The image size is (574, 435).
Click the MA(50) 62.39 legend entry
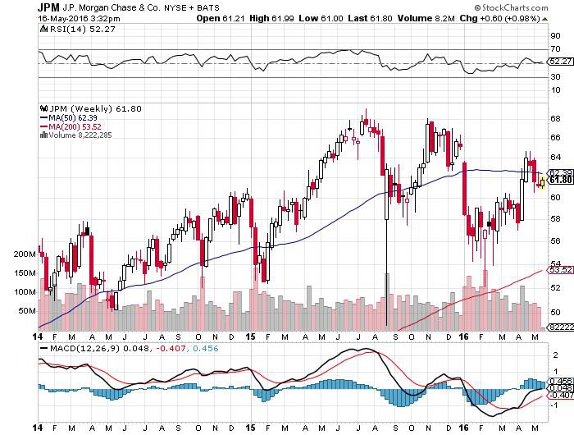pyautogui.click(x=69, y=117)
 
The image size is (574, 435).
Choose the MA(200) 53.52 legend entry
pyautogui.click(x=71, y=126)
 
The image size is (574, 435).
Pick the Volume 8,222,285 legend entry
pyautogui.click(x=79, y=135)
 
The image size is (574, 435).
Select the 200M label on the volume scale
pyautogui.click(x=25, y=254)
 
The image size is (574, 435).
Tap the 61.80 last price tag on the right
pyautogui.click(x=559, y=180)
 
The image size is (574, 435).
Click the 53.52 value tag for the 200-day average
pyautogui.click(x=559, y=269)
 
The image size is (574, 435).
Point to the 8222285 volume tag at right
pyautogui.click(x=560, y=327)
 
